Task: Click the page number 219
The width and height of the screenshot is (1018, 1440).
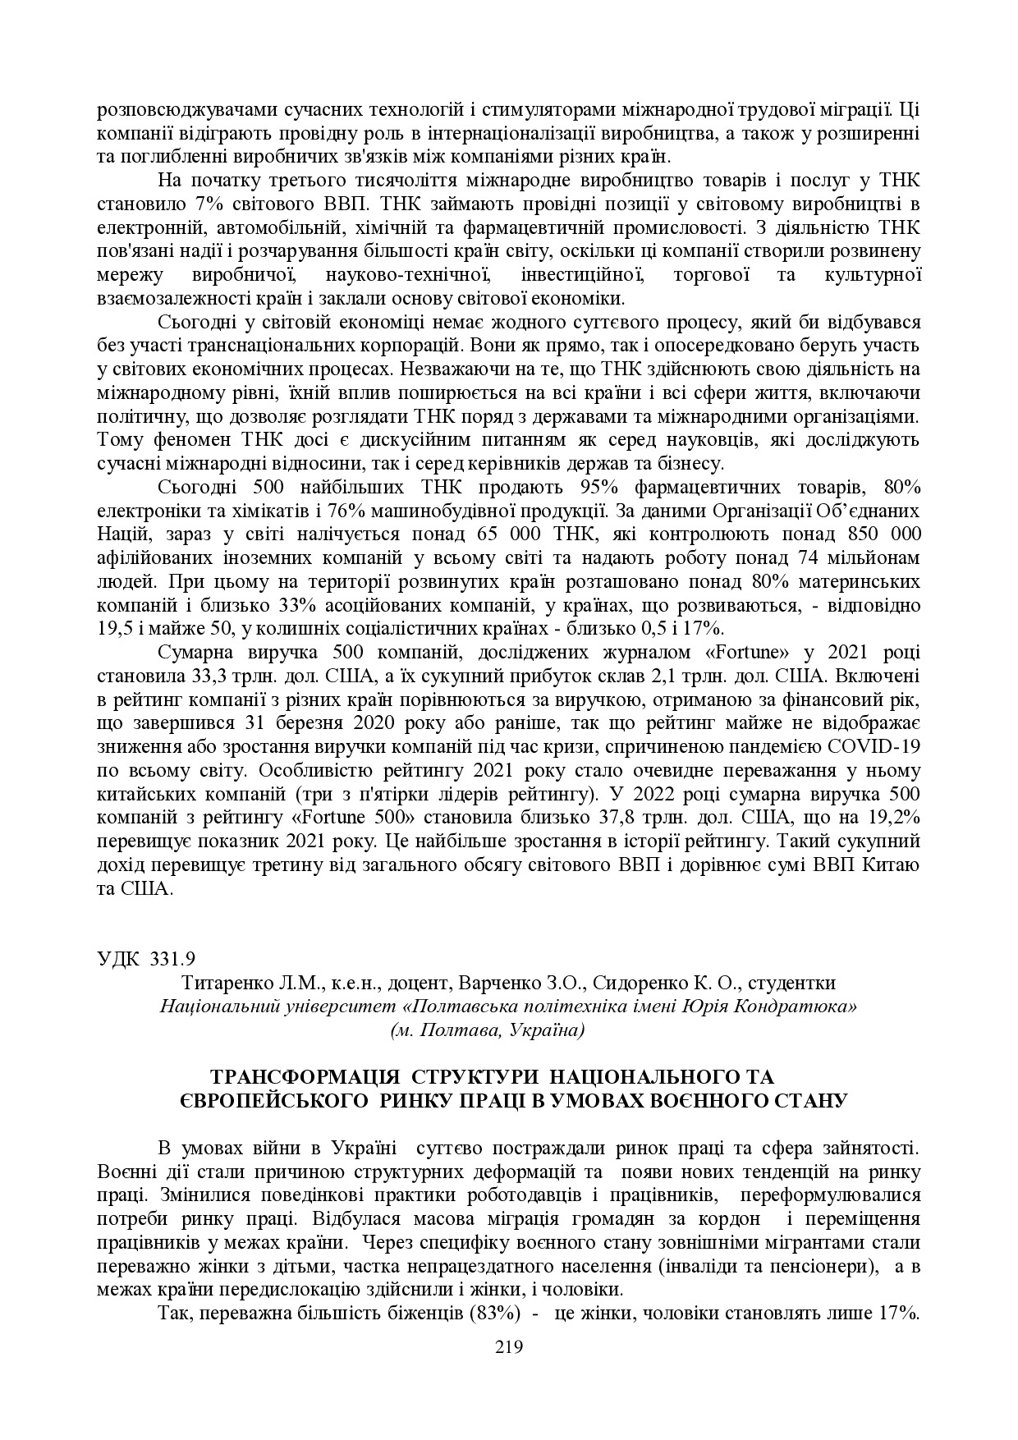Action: pos(508,1346)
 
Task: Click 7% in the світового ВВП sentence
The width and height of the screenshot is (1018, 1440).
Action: pos(208,204)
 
